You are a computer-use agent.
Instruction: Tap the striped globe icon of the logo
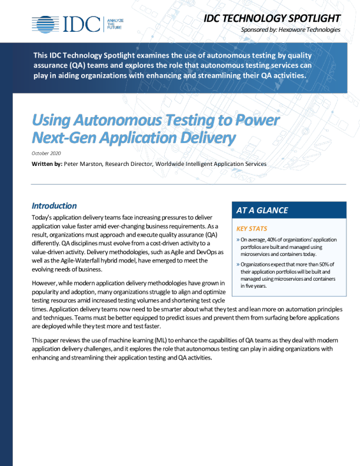click(45, 24)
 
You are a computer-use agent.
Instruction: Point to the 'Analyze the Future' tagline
click(115, 24)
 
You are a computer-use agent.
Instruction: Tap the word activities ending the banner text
click(288, 75)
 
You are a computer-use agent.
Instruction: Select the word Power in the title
click(256, 121)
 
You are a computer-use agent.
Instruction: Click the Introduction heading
click(54, 206)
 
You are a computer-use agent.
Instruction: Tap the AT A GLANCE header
click(262, 210)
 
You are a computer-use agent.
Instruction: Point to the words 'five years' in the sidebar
click(255, 286)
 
